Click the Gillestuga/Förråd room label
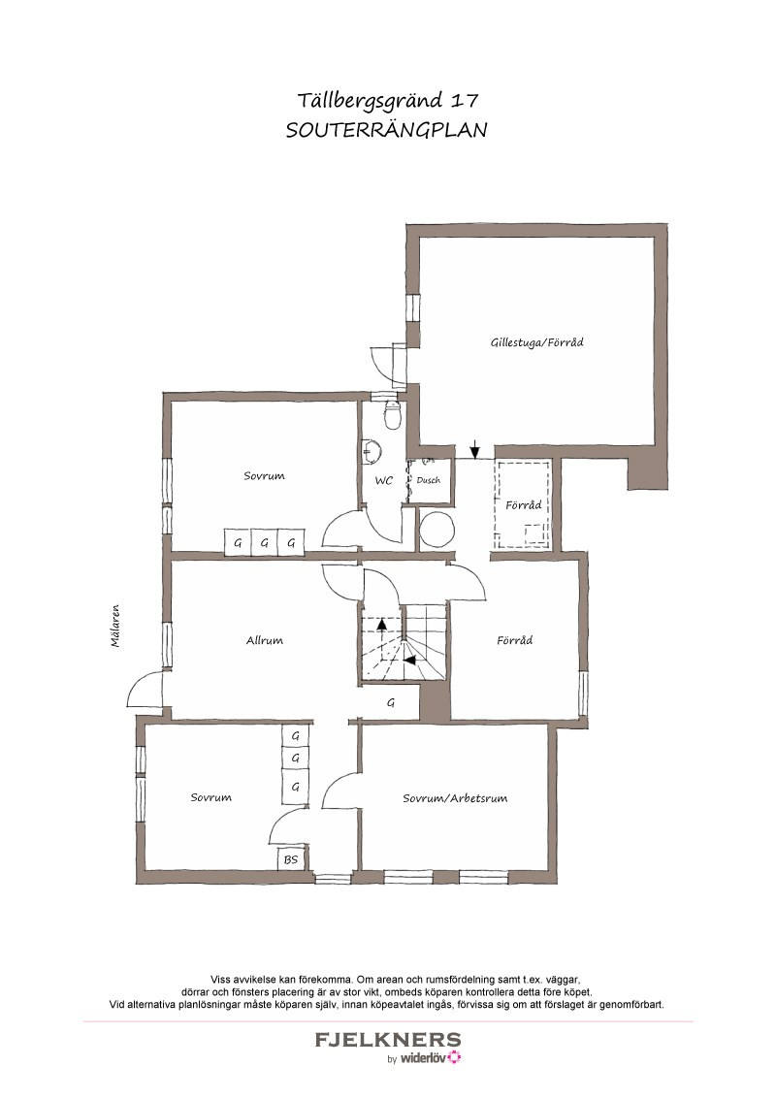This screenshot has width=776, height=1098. [536, 342]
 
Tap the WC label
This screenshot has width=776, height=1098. [384, 481]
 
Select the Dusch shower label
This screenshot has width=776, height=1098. [429, 480]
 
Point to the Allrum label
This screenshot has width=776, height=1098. [264, 640]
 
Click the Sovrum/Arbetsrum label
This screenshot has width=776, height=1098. [455, 797]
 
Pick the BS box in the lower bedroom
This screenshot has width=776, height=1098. [291, 859]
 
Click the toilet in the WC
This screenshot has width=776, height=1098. [392, 414]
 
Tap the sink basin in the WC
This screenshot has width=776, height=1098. [372, 451]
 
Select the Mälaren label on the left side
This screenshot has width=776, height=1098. [115, 626]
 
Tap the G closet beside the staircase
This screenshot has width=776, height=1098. [391, 702]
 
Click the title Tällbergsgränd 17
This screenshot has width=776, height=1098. [388, 101]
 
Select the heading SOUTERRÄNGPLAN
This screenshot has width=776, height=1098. [387, 130]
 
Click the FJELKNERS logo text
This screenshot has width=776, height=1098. [388, 1040]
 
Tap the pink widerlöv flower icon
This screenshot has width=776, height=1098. [454, 1057]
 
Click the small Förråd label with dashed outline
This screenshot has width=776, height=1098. [523, 505]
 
